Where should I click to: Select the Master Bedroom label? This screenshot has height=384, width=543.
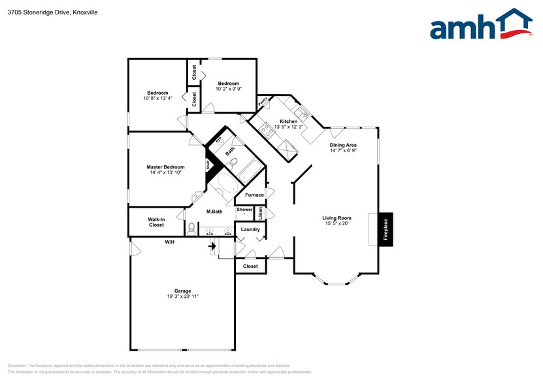[165, 167]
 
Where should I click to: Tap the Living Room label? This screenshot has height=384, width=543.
[337, 218]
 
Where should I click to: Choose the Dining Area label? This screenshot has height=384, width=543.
[343, 145]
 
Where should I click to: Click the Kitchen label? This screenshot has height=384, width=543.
[288, 121]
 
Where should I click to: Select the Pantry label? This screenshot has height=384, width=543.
[263, 102]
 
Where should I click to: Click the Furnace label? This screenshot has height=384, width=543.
[254, 195]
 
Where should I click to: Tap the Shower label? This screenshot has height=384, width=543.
[244, 210]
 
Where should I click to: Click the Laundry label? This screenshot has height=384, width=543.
[250, 229]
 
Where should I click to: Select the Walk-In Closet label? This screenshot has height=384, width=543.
[156, 222]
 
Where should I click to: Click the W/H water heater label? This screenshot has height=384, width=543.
[169, 242]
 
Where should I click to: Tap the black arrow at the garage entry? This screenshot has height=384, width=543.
[212, 246]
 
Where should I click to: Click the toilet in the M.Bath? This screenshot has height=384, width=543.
[191, 229]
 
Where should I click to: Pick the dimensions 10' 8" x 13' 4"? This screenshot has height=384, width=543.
[157, 98]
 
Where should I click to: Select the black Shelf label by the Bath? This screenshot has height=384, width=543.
[208, 165]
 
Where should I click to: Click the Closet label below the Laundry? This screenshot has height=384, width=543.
[250, 266]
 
